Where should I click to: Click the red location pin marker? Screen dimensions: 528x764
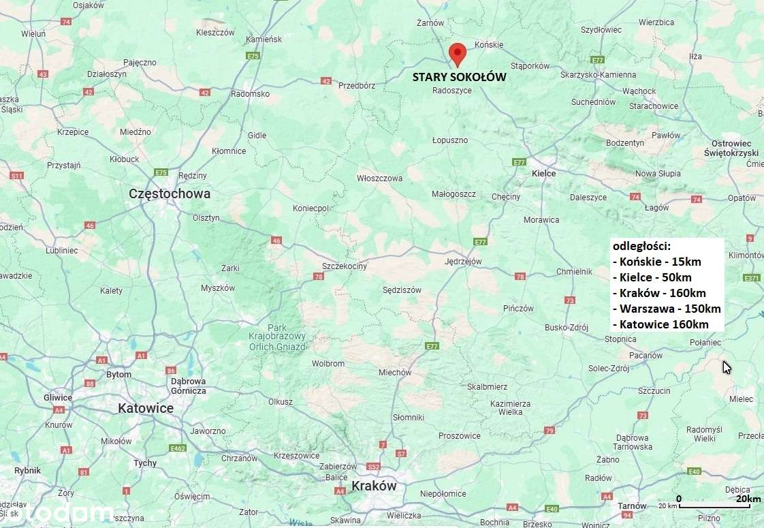[458, 53]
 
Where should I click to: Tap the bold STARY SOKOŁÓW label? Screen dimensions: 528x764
[459, 77]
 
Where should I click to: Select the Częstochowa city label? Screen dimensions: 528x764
[170, 193]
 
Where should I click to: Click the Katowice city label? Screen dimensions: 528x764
[146, 408]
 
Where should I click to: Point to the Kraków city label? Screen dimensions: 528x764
[374, 486]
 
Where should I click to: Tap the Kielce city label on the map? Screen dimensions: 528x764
[543, 173]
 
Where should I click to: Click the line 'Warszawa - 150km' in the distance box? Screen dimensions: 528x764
[667, 309]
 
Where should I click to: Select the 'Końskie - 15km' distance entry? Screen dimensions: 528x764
[657, 261]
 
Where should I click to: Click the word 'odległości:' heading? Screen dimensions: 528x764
[641, 245]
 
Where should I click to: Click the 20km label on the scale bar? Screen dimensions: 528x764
[748, 499]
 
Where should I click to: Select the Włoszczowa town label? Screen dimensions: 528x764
[379, 178]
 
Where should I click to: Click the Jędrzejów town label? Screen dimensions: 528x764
[463, 261]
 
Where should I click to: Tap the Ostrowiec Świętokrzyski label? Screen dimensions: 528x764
[731, 149]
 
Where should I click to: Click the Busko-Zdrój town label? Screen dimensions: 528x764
[566, 327]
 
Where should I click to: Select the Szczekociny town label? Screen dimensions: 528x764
[344, 266]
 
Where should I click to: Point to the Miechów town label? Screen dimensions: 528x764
[395, 372]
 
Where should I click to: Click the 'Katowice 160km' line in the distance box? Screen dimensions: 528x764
[660, 324]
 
